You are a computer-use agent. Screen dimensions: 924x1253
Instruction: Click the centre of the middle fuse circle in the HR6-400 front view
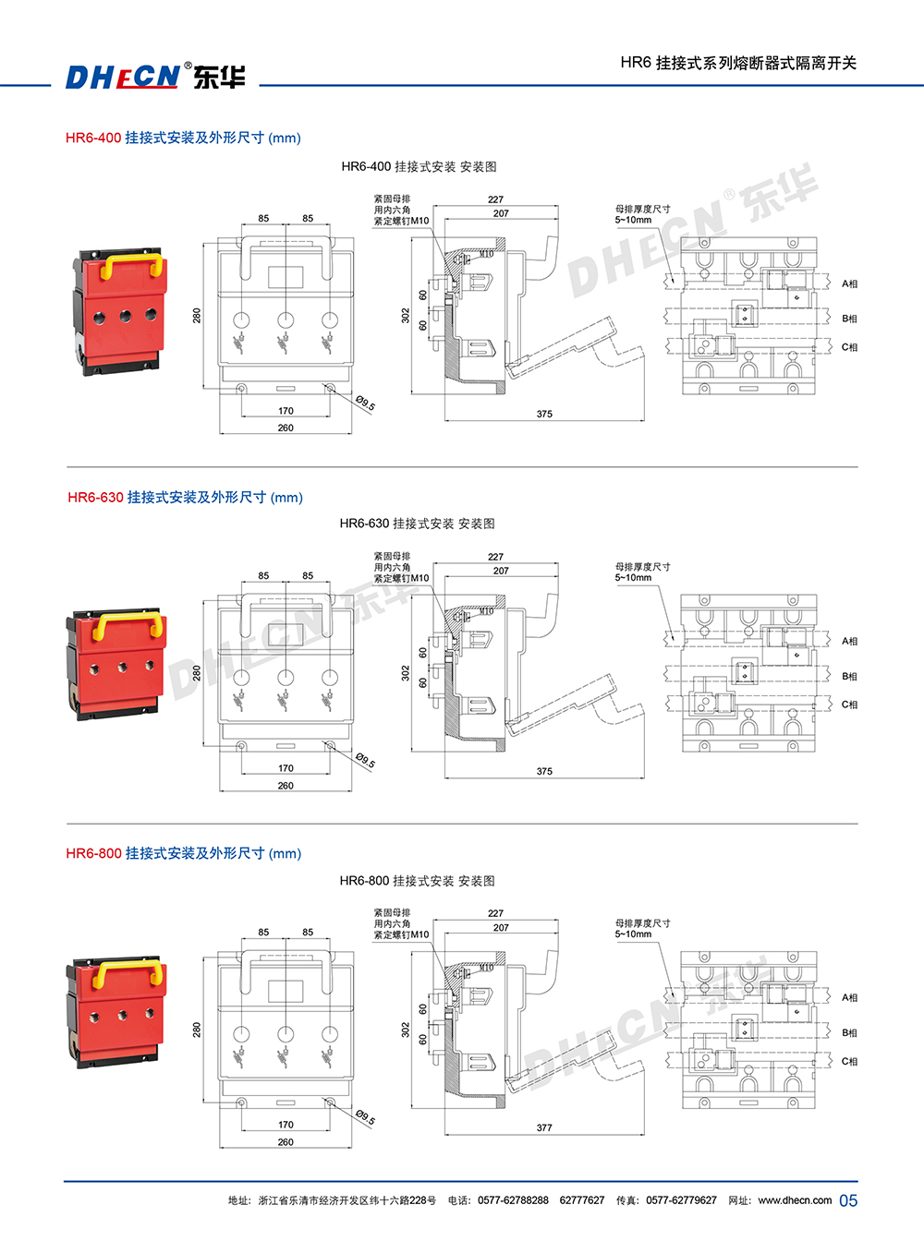point(286,320)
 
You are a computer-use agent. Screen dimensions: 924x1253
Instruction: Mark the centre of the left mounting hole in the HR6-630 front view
point(242,746)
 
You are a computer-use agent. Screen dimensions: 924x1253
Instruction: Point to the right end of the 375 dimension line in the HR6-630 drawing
point(644,778)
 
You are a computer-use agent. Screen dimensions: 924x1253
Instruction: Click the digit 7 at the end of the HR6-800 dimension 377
point(550,1127)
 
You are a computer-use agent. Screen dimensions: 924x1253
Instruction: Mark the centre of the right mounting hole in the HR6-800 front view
point(330,1102)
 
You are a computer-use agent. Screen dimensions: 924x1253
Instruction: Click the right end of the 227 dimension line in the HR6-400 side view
point(558,206)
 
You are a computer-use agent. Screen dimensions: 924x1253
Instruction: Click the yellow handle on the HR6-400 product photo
point(131,266)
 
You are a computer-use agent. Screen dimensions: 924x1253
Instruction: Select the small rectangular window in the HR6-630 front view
point(286,634)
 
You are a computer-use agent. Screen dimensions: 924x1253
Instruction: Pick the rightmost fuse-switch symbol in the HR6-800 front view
point(329,1059)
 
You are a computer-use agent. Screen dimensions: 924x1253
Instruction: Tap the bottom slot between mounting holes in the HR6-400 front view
point(286,388)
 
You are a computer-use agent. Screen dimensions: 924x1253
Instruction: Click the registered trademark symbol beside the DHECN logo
point(188,65)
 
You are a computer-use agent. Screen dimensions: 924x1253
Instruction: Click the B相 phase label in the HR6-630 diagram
point(849,676)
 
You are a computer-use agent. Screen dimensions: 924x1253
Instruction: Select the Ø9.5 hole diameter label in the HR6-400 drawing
point(366,403)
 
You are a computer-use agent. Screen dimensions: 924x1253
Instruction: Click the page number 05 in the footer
point(848,1200)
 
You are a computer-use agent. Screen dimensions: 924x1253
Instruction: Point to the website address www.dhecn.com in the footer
point(795,1200)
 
